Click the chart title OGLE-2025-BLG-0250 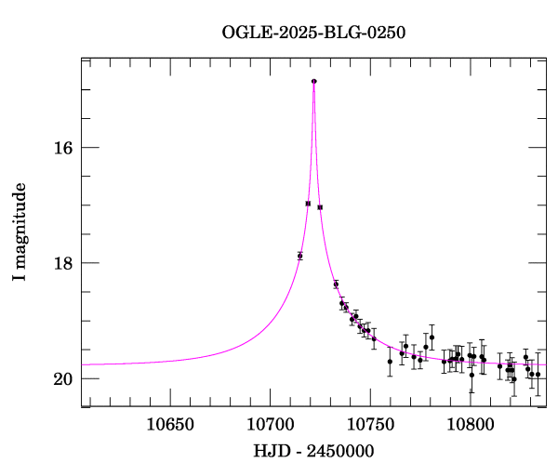[x=313, y=33]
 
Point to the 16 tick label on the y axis [x=64, y=148]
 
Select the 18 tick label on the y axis [x=64, y=263]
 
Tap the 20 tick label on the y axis [x=64, y=379]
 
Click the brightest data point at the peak [x=314, y=81]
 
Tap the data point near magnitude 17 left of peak [x=308, y=203]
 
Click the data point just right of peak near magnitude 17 [x=320, y=207]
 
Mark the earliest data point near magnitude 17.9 [x=299, y=256]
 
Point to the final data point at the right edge [x=538, y=375]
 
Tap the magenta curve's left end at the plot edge [x=83, y=364]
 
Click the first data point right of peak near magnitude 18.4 [x=336, y=284]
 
